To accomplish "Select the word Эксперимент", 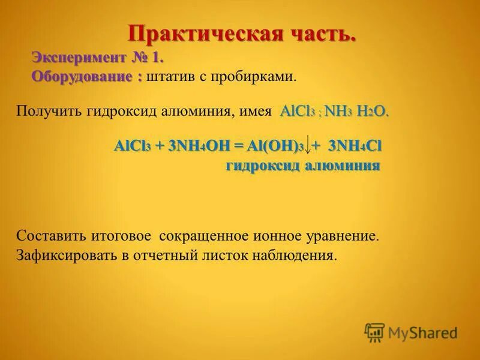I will click(79, 59).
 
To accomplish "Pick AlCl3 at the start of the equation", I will click(131, 147).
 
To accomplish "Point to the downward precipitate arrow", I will click(308, 146).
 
